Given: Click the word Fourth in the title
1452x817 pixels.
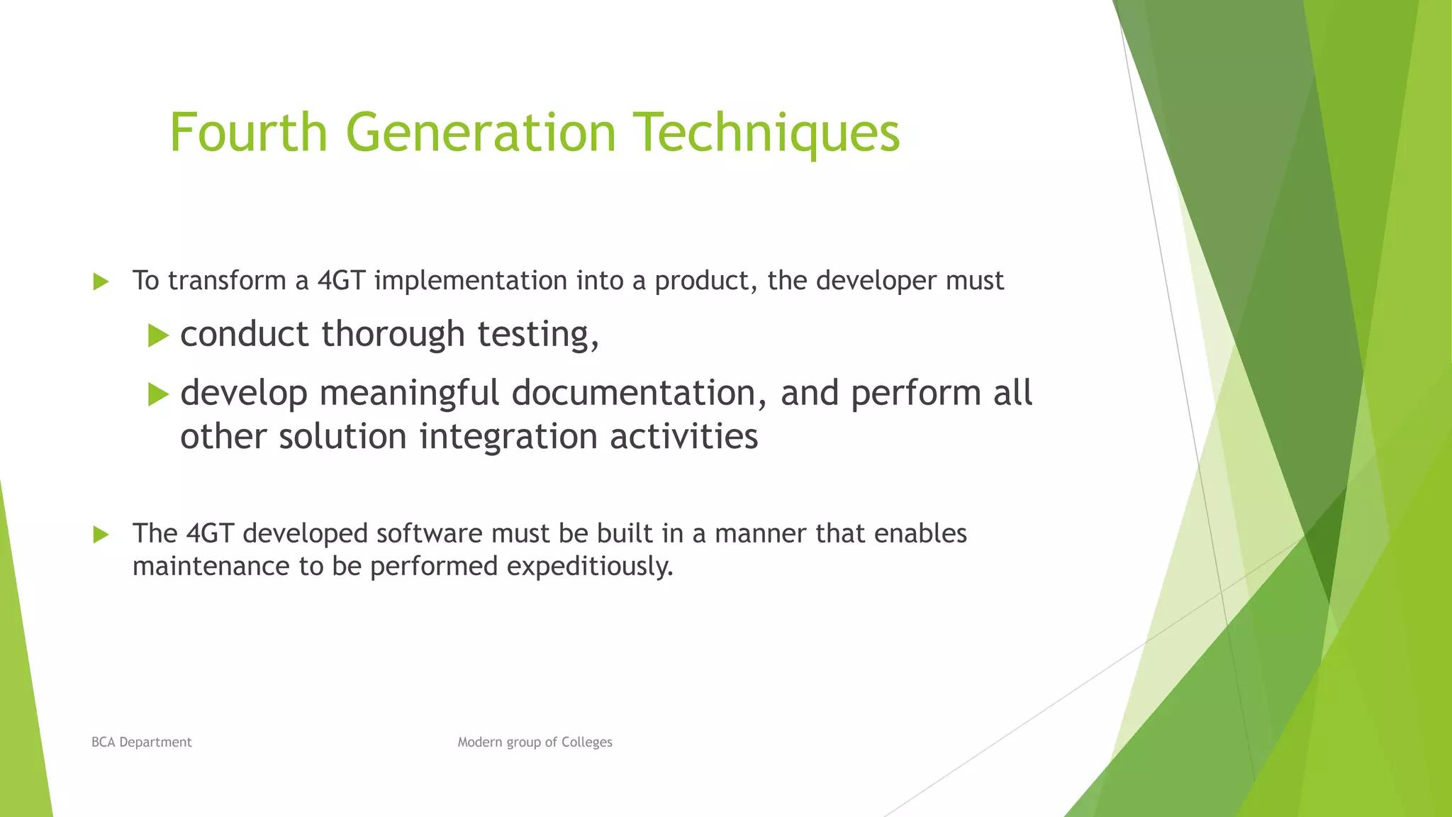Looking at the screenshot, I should pos(248,133).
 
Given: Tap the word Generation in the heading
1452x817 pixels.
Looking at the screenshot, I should pos(481,133).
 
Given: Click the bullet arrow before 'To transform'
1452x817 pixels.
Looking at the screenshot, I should pos(101,282).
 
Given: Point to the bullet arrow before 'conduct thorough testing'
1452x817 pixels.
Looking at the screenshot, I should pos(158,335).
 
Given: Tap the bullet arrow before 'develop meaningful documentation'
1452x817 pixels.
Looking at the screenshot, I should pos(158,394).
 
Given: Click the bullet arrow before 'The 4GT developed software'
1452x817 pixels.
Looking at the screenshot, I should pos(101,535).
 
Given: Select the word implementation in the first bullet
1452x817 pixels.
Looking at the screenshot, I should pos(471,282).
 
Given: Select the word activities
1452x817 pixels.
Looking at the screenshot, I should pos(684,436).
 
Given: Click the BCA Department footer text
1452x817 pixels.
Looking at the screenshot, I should pos(142,742).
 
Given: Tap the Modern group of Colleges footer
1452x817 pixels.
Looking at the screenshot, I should pos(535,742).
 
